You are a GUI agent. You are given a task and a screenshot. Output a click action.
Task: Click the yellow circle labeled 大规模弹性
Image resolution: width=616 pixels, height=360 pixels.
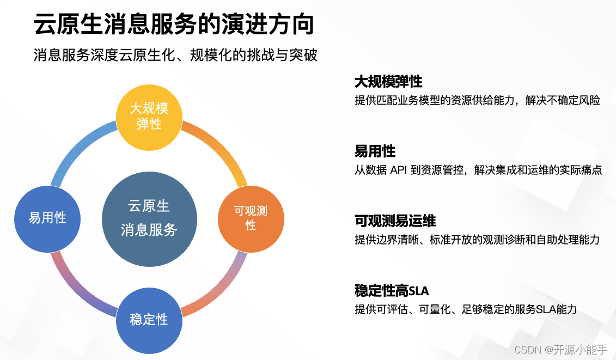pyautogui.click(x=149, y=116)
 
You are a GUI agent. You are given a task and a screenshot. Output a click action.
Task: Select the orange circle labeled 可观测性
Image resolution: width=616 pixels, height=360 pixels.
pyautogui.click(x=251, y=218)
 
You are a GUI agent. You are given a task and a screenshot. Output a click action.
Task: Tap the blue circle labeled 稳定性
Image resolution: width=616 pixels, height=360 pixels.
pyautogui.click(x=149, y=320)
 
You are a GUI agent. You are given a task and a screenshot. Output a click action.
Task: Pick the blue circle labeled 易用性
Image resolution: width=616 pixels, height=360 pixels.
pyautogui.click(x=47, y=218)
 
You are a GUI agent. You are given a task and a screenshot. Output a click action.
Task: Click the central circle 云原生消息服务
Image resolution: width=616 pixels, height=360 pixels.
pyautogui.click(x=149, y=218)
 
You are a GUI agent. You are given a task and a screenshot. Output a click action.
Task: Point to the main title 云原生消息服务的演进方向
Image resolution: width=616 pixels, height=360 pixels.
pyautogui.click(x=174, y=25)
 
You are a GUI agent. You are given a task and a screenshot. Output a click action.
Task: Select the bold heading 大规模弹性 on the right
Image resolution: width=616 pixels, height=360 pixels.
pyautogui.click(x=388, y=82)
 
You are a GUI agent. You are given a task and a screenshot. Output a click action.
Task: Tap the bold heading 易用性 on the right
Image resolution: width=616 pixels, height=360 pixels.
pyautogui.click(x=375, y=151)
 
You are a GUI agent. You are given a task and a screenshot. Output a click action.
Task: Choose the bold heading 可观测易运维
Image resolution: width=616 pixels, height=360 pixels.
pyautogui.click(x=395, y=221)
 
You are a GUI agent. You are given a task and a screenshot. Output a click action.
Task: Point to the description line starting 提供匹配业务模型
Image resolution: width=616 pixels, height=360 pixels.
pyautogui.click(x=477, y=100)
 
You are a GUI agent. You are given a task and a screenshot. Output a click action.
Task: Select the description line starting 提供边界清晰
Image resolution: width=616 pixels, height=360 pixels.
pyautogui.click(x=477, y=240)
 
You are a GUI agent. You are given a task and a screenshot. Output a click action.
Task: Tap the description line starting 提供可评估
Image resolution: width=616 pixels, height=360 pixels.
pyautogui.click(x=465, y=309)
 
